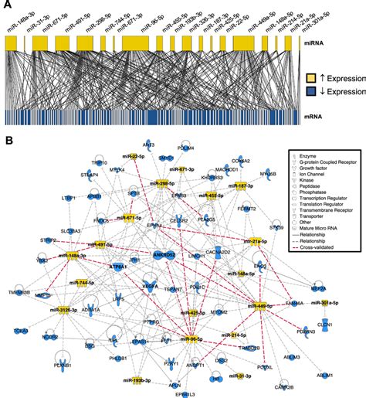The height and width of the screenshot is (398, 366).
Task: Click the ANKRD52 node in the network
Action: coord(163,253)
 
